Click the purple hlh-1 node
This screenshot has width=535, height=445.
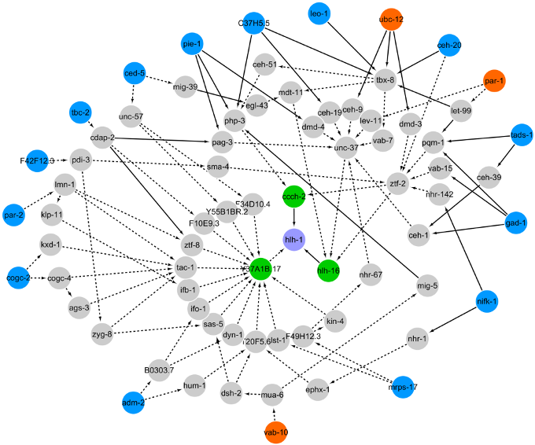(293, 238)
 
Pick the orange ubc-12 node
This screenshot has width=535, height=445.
(391, 19)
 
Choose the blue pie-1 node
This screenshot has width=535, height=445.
(192, 45)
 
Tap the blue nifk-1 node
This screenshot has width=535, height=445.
(487, 301)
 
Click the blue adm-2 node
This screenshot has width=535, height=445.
(134, 403)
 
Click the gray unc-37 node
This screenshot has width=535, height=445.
(346, 148)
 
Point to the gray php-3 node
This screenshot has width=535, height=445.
(235, 121)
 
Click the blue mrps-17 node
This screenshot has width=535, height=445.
(403, 386)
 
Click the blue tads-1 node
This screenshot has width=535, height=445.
(522, 134)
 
